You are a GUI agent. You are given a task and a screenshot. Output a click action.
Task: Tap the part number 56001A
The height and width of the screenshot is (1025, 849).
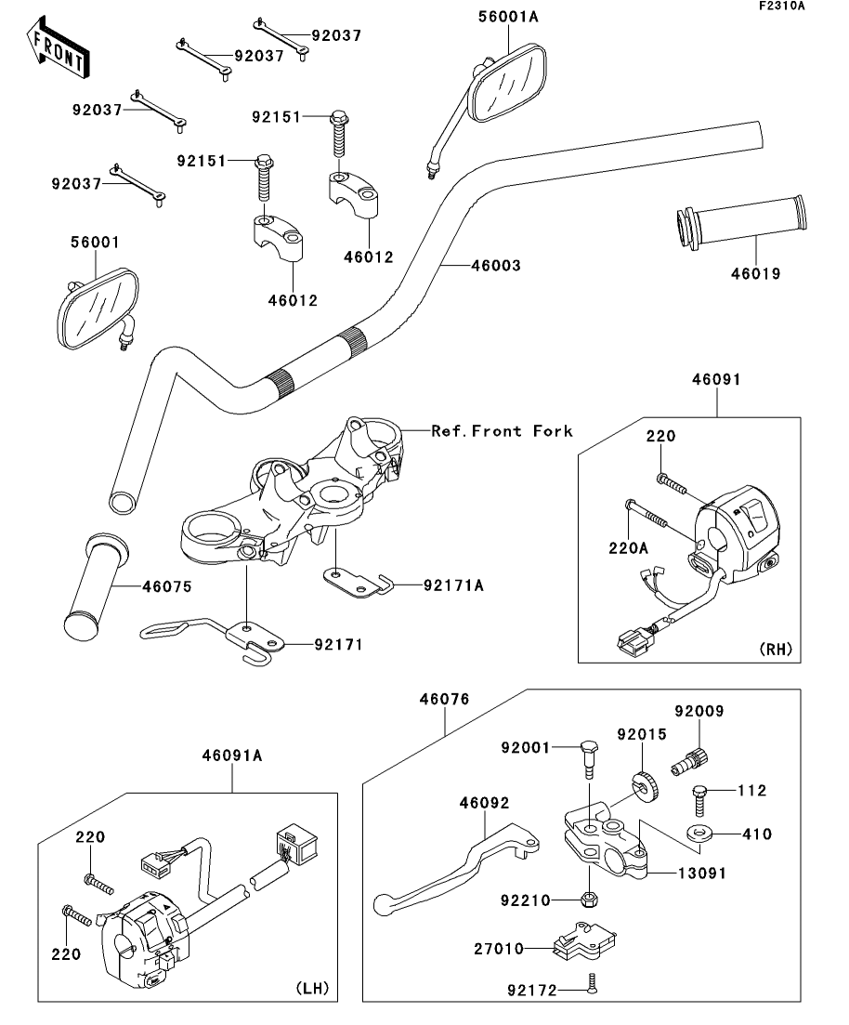click(508, 17)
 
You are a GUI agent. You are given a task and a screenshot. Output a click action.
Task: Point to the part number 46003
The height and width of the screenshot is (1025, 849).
click(496, 266)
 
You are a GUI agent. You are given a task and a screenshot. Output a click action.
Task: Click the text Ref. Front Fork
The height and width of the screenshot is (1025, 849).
click(502, 431)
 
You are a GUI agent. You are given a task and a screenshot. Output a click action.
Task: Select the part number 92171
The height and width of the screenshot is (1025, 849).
click(338, 645)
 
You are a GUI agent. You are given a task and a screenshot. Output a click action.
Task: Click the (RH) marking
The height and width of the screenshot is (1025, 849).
click(776, 649)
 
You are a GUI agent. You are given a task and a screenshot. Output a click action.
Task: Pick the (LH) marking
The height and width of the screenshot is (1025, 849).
click(312, 988)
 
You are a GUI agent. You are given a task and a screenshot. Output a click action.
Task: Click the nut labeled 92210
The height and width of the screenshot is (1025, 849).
click(588, 900)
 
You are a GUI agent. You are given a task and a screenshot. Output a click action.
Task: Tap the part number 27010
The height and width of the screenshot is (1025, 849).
click(499, 948)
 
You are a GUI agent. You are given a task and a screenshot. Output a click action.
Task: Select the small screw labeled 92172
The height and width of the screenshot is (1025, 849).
click(592, 982)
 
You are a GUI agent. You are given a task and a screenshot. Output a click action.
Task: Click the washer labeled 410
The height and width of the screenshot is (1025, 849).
click(699, 834)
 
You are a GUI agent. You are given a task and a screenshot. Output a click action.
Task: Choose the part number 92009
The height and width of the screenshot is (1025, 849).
click(699, 711)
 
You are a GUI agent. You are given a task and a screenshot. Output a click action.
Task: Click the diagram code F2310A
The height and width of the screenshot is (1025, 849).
click(782, 6)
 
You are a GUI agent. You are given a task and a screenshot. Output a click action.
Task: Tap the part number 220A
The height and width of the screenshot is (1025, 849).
click(628, 547)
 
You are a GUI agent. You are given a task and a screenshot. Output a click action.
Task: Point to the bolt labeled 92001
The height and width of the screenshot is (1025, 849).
click(589, 758)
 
